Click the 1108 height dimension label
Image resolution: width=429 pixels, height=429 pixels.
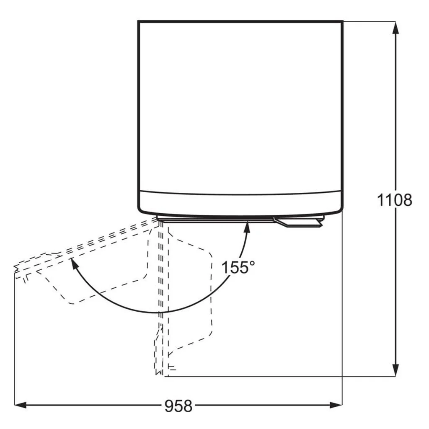click(394, 200)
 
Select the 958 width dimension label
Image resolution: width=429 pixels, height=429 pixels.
click(178, 406)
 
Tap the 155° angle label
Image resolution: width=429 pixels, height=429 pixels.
click(238, 267)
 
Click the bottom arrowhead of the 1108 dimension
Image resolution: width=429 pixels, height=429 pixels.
click(395, 370)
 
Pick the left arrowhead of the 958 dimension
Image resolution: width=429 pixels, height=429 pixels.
click(20, 405)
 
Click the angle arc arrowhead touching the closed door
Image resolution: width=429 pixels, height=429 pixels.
click(247, 227)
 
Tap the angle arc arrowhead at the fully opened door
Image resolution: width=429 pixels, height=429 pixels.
click(74, 264)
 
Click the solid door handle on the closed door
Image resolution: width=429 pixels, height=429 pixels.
click(297, 222)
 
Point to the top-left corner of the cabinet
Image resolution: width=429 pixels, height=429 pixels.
click(139, 21)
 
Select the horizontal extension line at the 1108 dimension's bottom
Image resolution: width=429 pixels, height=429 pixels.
click(272, 376)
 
